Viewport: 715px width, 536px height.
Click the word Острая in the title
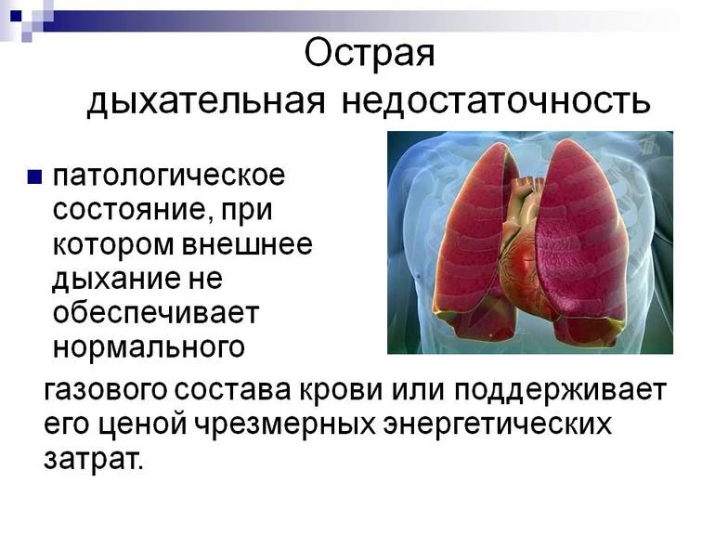click(x=370, y=53)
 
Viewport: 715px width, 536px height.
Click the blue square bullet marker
click(x=34, y=176)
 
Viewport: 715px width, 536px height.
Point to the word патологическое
click(x=168, y=175)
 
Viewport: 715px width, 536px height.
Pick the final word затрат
click(x=93, y=459)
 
